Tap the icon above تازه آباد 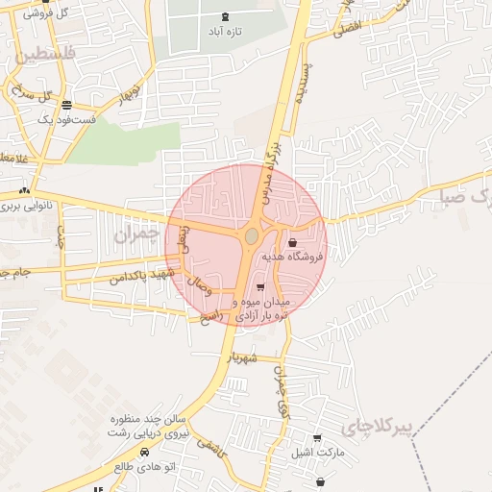click(x=226, y=16)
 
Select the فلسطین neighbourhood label click(x=42, y=57)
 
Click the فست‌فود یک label click(x=66, y=120)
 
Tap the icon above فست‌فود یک click(x=66, y=105)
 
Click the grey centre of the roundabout click(x=252, y=235)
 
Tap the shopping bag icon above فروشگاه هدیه click(x=291, y=242)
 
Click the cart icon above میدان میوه click(x=260, y=287)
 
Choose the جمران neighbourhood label click(x=134, y=234)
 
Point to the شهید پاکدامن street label click(x=144, y=276)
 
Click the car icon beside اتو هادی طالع click(x=144, y=452)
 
